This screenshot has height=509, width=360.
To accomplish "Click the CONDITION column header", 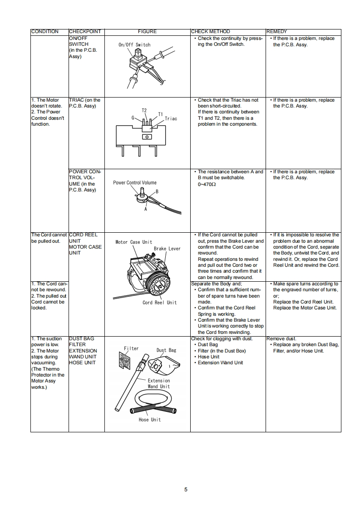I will pyautogui.click(x=44, y=32).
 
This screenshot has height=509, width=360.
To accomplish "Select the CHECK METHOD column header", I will pyautogui.click(x=210, y=32).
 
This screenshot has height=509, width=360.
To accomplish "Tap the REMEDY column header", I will pyautogui.click(x=276, y=32).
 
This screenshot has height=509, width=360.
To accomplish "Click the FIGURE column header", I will pyautogui.click(x=147, y=32).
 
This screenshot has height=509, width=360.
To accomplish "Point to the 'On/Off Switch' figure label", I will pyautogui.click(x=134, y=45).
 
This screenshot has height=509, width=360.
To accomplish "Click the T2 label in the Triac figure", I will pyautogui.click(x=144, y=110).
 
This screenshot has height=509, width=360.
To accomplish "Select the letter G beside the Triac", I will pyautogui.click(x=133, y=117).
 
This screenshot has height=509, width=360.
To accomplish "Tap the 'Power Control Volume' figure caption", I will pyautogui.click(x=135, y=183).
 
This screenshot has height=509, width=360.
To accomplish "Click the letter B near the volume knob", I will pyautogui.click(x=157, y=192).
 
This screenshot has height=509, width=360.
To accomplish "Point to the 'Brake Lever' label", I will pyautogui.click(x=167, y=249).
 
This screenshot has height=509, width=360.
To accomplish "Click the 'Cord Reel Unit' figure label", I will pyautogui.click(x=159, y=303).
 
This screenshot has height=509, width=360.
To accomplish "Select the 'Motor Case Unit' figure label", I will pyautogui.click(x=134, y=242).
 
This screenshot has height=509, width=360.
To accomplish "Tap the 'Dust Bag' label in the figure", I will pyautogui.click(x=166, y=350).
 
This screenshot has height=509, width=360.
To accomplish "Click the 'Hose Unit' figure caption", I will pyautogui.click(x=149, y=420).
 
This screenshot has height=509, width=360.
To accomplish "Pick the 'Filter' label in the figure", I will pyautogui.click(x=131, y=348).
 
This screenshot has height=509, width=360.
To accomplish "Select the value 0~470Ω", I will pyautogui.click(x=207, y=184).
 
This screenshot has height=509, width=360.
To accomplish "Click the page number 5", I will pyautogui.click(x=186, y=489).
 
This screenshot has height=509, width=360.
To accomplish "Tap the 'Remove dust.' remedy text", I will pyautogui.click(x=281, y=339).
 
